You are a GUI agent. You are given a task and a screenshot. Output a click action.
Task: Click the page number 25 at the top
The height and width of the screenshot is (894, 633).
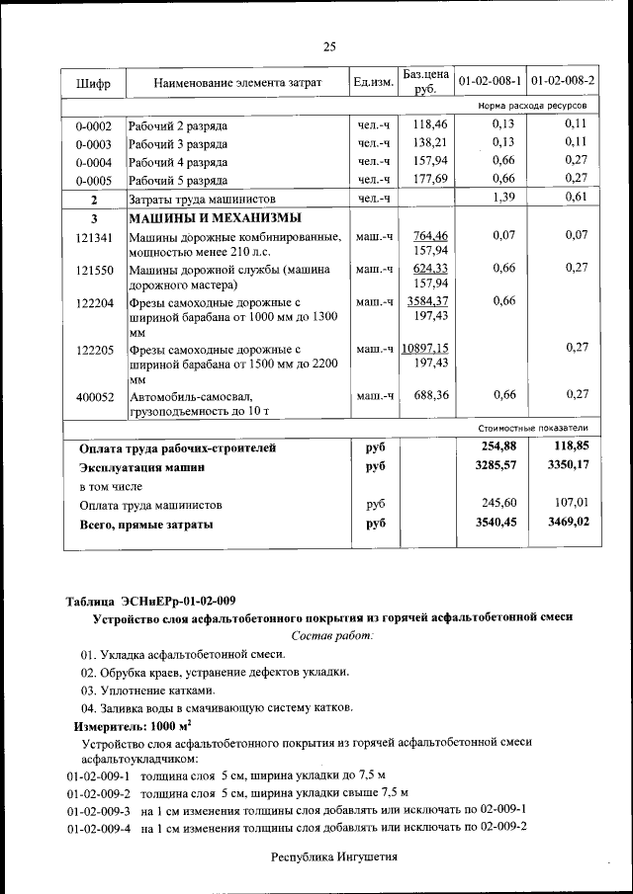coord(329,46)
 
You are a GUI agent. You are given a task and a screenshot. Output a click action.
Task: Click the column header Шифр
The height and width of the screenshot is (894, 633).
coord(93,84)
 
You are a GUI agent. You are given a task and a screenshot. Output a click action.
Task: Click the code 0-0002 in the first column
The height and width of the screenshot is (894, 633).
coord(93,126)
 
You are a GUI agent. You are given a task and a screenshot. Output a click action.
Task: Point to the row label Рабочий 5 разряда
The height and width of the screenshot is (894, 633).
coord(178,180)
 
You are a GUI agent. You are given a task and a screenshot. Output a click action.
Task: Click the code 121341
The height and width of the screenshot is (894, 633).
coord(94,237)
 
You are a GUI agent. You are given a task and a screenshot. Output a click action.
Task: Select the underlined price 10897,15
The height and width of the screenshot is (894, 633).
coord(424,349)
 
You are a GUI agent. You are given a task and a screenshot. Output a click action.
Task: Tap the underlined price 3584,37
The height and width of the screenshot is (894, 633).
coord(427,301)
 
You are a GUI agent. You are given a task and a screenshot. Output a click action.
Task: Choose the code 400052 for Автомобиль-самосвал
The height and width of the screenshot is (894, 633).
coord(94,396)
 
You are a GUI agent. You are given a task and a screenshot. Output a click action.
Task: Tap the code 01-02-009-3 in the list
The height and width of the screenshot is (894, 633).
coord(99,809)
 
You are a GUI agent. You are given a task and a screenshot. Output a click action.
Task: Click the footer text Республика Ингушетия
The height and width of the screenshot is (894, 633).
coord(334,857)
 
